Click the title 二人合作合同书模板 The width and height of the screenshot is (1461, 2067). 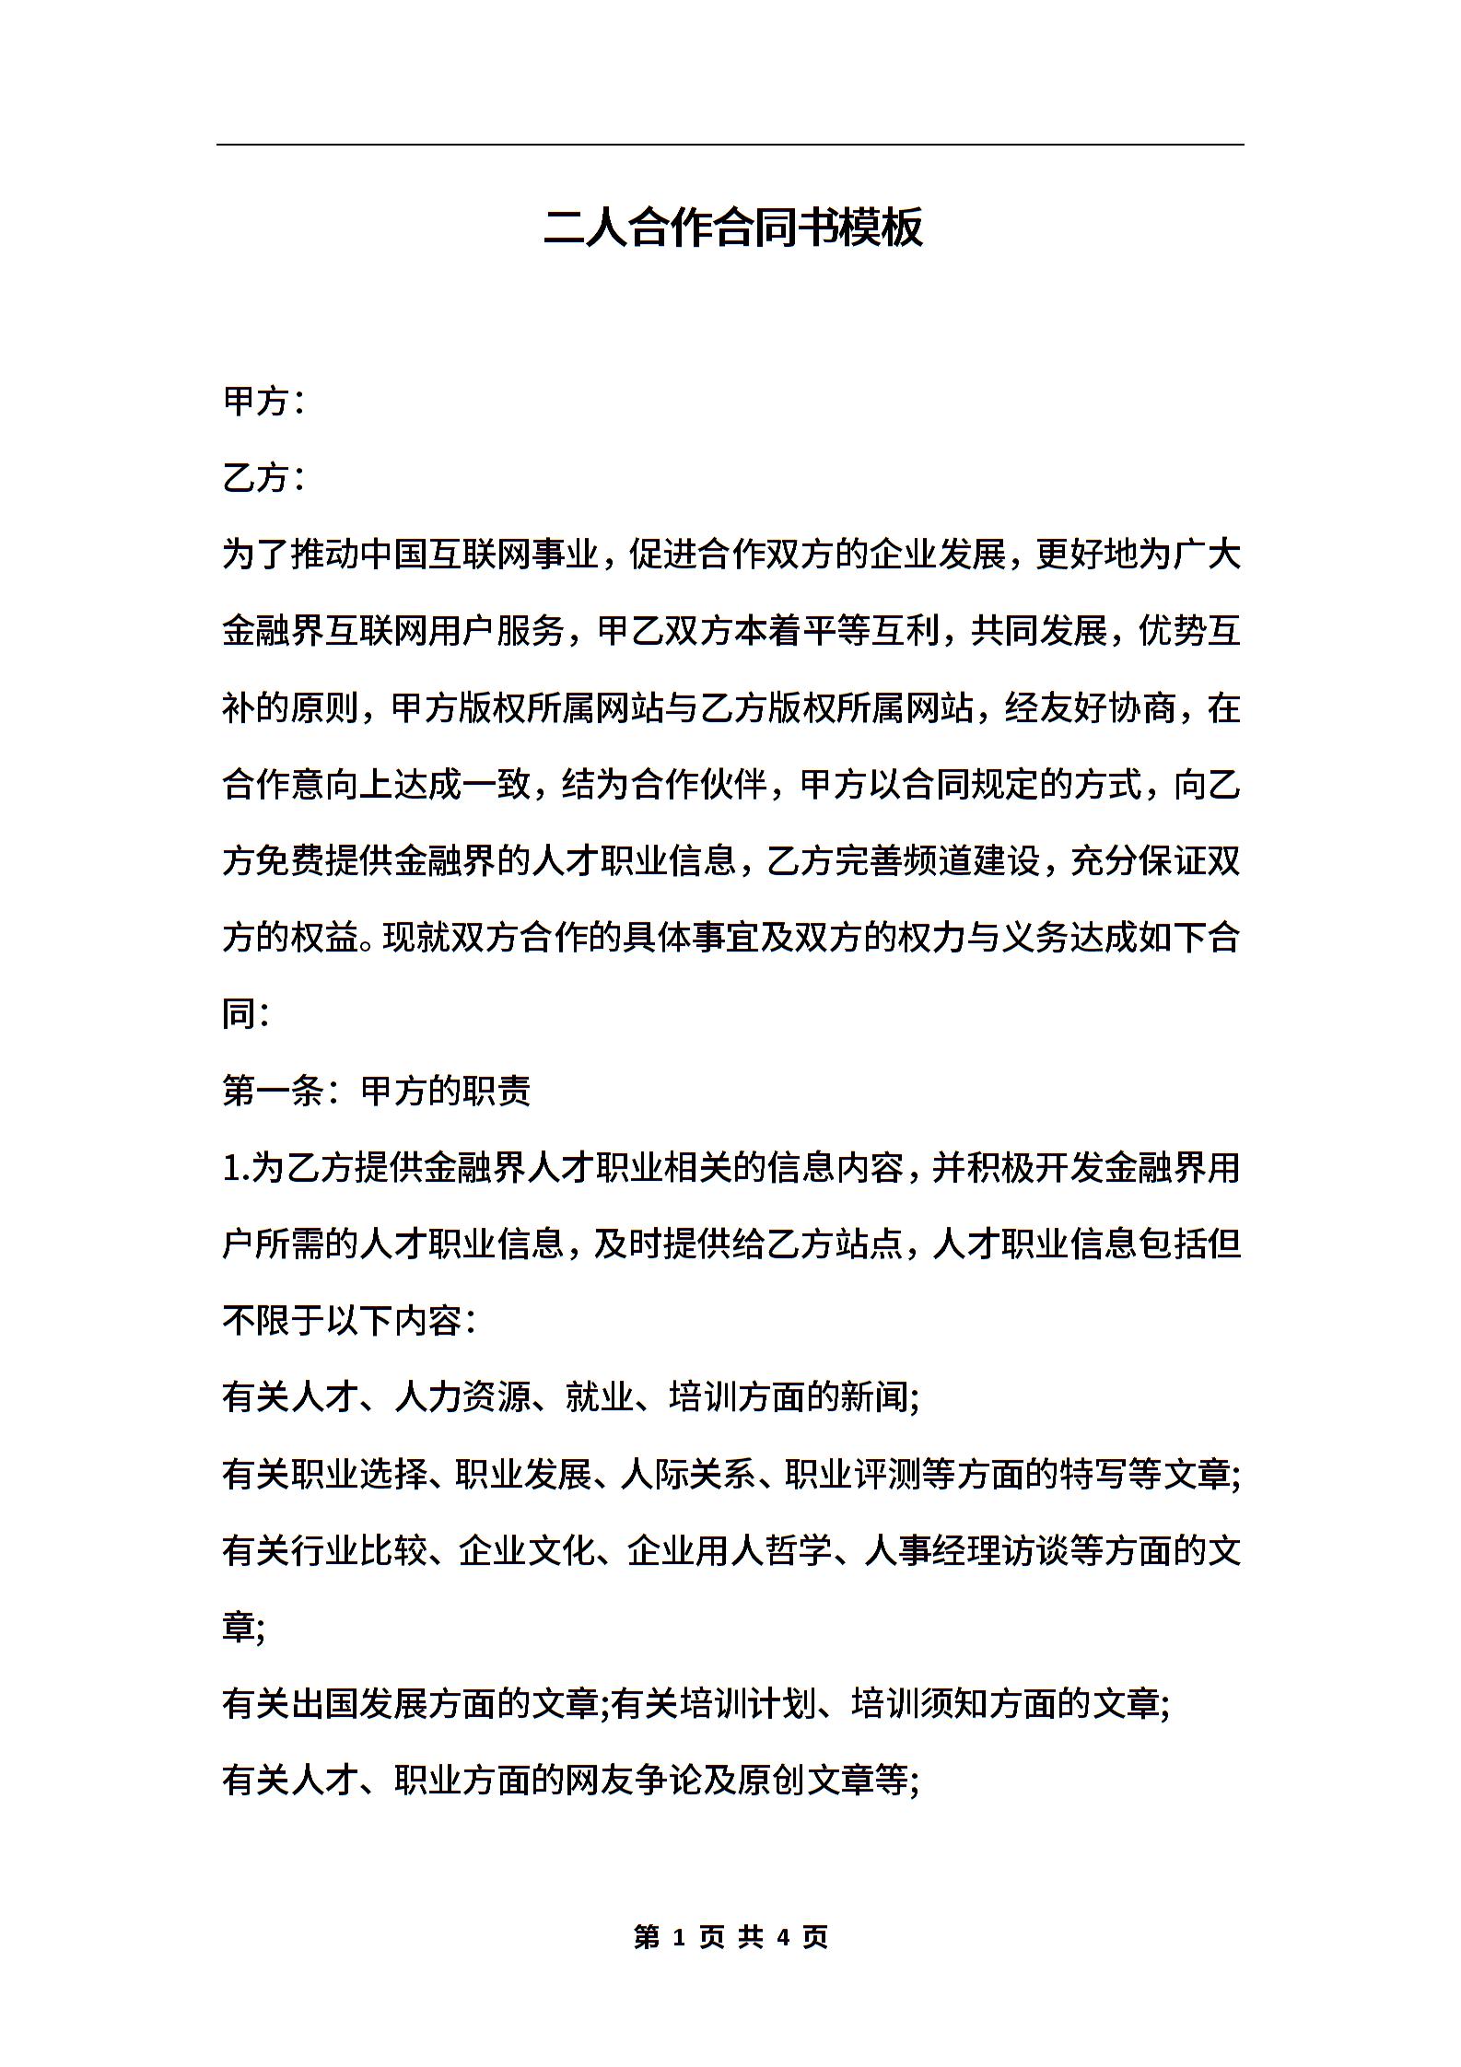point(732,228)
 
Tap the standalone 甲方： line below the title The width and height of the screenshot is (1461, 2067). point(263,401)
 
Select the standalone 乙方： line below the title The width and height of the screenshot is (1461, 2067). point(263,477)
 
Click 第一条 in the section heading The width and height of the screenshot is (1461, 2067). point(273,1092)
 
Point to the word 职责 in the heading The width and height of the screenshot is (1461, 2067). point(497,1092)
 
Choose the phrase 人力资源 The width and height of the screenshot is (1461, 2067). point(462,1398)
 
